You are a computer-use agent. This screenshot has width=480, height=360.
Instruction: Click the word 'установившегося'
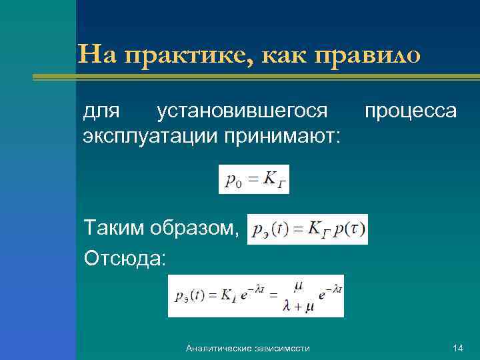(241, 110)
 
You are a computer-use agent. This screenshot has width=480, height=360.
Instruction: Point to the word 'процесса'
(410, 110)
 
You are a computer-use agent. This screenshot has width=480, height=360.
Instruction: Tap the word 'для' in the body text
(101, 110)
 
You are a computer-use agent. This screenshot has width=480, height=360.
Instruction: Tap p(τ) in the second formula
(348, 229)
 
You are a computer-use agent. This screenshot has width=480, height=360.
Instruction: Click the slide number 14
(457, 348)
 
